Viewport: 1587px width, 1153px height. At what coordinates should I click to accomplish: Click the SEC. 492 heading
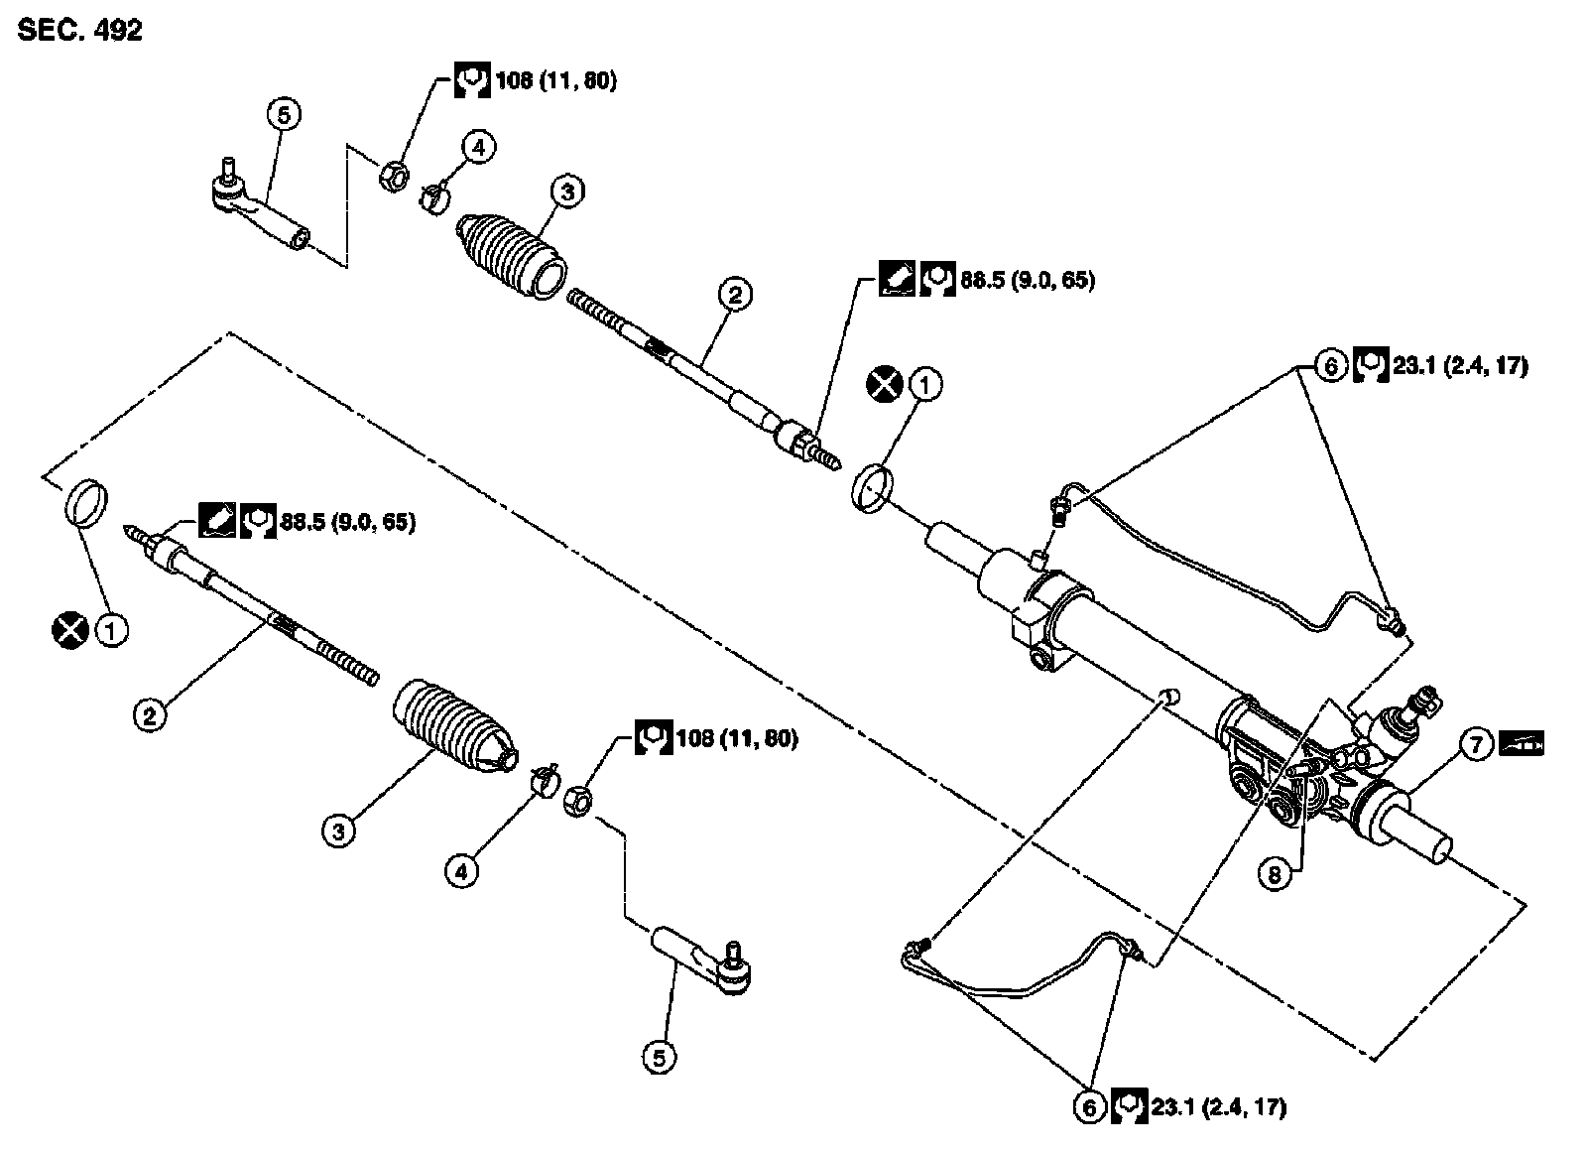click(79, 31)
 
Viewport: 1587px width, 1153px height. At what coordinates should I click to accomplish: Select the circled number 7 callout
click(1476, 745)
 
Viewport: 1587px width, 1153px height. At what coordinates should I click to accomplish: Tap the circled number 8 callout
click(1274, 874)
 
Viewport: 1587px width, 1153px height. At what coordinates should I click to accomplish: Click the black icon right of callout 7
click(1522, 744)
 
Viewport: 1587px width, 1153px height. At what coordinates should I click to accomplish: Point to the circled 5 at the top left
click(284, 114)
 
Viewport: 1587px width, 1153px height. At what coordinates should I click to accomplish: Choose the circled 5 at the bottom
click(659, 1059)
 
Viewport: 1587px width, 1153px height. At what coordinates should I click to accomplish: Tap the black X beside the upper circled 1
click(885, 384)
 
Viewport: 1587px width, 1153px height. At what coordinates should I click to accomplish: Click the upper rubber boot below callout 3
click(511, 254)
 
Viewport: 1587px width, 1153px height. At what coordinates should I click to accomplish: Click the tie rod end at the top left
click(260, 206)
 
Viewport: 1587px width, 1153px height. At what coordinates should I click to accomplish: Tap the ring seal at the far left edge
click(86, 502)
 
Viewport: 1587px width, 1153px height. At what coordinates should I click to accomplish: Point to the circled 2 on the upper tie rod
click(735, 294)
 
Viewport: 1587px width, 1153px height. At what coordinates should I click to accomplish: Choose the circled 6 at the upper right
click(1330, 366)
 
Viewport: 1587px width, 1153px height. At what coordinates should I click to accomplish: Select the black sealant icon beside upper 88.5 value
click(897, 279)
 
